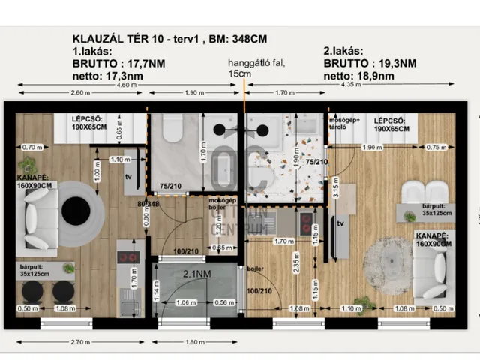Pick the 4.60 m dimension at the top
127,85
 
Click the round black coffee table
76,211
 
